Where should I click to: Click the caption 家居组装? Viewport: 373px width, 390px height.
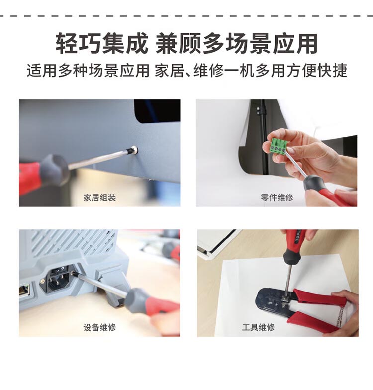99,198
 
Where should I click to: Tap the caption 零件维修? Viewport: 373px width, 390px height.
277,197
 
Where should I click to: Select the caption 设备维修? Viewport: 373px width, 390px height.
99,327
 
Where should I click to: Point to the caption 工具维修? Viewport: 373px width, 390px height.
258,327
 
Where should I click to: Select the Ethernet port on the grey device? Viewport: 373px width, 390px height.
24,291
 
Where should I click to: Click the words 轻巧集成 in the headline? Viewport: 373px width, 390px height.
101,43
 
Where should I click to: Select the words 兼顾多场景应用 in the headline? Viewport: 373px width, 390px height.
237,43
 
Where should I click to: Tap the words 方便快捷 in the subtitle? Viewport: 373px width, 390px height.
316,71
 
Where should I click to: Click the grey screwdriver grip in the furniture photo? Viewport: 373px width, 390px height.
54,169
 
